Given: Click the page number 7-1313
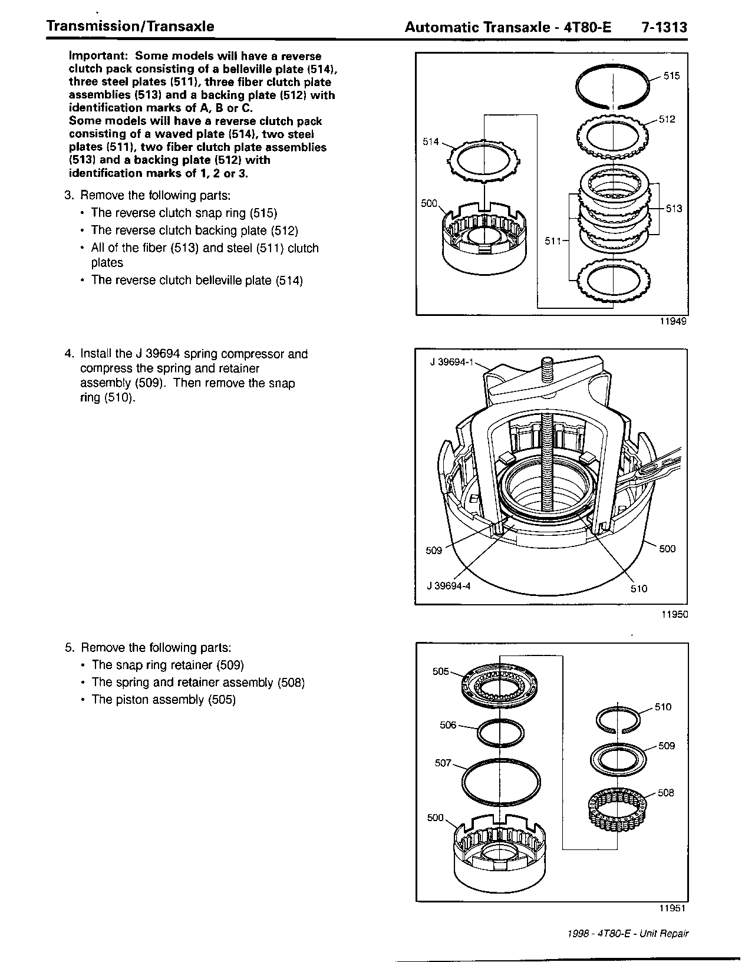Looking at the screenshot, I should [664, 27].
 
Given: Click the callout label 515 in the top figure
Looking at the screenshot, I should [671, 76].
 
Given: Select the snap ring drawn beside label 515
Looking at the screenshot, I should [613, 86].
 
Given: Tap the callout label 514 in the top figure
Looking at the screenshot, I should [431, 141].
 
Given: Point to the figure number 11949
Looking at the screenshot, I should [673, 322].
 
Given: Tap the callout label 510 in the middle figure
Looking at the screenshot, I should [638, 588].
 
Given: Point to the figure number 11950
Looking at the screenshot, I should [673, 614].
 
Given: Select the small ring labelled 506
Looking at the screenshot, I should [500, 732].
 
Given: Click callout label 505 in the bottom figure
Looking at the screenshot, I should [441, 671].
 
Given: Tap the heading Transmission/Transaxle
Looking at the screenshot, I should [130, 27].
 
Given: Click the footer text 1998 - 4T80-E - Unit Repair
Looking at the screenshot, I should [628, 934].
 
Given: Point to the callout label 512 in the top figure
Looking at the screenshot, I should [667, 120].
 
